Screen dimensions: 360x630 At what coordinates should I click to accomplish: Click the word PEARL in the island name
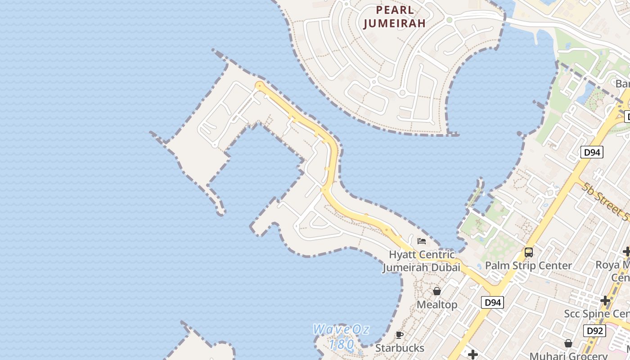coord(395,10)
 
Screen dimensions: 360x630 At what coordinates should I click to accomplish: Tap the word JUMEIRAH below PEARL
coord(394,23)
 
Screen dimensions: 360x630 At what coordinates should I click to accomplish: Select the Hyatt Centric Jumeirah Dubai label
coord(422,261)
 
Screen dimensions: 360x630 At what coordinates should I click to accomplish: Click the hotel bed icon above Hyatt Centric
coord(422,241)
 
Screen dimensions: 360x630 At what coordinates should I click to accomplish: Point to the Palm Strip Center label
coord(528,265)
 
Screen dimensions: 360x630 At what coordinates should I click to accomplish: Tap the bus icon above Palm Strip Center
coord(529,252)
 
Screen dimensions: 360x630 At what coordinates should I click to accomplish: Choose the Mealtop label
coord(436,305)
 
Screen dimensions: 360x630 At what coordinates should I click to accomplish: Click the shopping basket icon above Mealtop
coord(436,291)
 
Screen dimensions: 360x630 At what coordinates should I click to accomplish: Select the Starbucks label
coord(400,348)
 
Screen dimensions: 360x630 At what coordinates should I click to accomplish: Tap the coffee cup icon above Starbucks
coord(399,335)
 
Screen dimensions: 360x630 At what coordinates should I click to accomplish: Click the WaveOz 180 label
coord(341,336)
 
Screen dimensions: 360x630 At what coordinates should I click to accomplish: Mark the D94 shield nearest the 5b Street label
coord(592,153)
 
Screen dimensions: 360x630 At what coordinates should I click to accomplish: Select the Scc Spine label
coord(597,314)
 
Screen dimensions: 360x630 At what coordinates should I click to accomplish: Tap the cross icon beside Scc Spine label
coord(605,300)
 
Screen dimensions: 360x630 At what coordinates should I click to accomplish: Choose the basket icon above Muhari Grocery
coord(568,343)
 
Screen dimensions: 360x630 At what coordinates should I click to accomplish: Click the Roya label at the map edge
coord(612,265)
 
